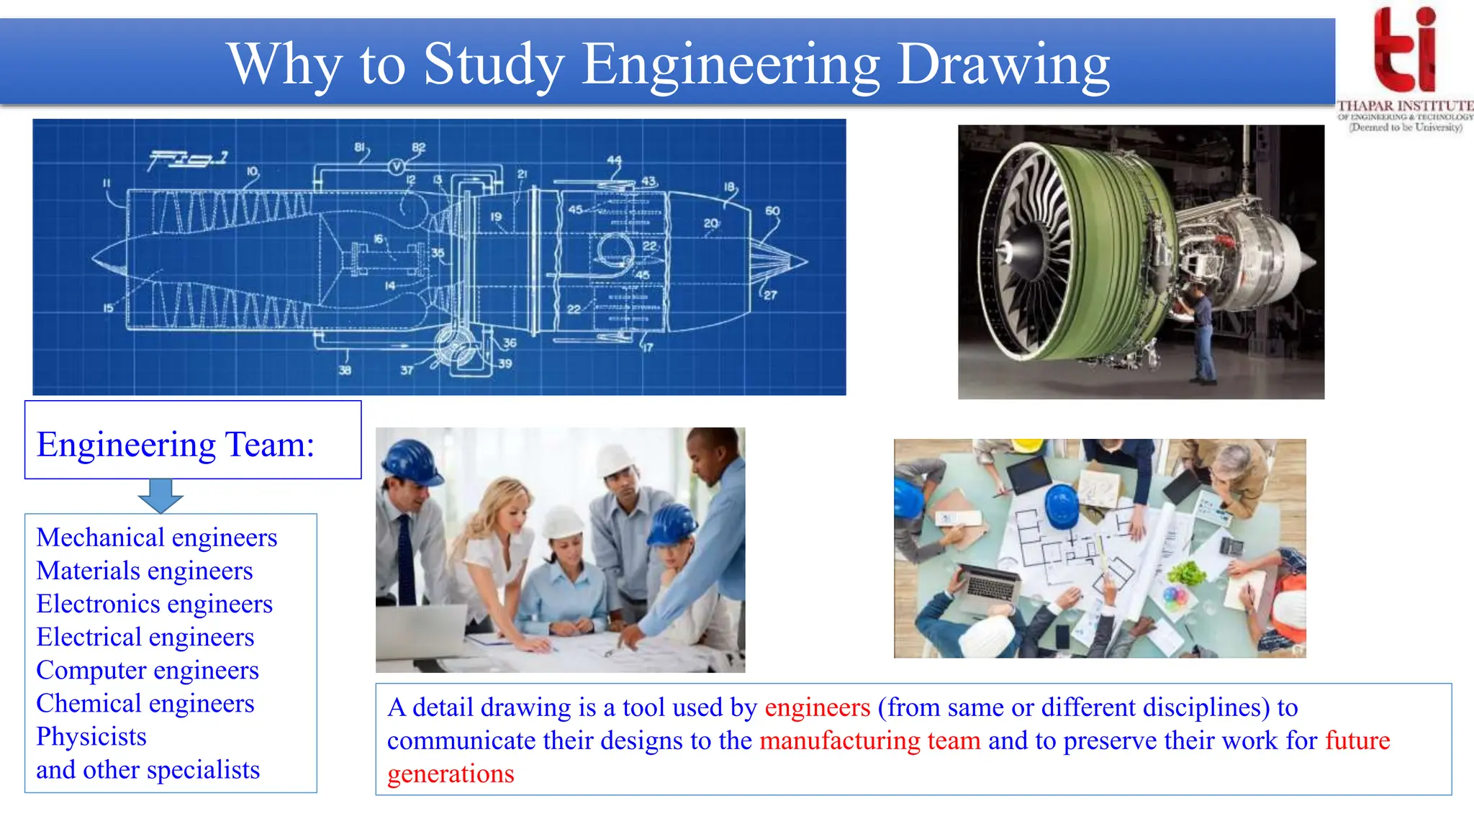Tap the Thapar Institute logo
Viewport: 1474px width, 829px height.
(x=1404, y=68)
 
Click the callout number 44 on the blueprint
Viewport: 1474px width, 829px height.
(x=614, y=160)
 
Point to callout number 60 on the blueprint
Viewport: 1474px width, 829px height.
(x=772, y=211)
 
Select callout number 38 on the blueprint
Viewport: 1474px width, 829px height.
(x=345, y=370)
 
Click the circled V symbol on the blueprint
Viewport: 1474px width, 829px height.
(x=396, y=167)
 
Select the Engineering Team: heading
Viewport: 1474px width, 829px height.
(x=176, y=444)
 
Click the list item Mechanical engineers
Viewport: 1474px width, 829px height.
(x=157, y=538)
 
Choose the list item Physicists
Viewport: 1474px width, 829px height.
(x=91, y=736)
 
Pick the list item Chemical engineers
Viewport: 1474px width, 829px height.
(x=145, y=703)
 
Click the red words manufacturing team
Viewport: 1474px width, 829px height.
(x=869, y=740)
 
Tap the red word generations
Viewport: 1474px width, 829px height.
(x=451, y=774)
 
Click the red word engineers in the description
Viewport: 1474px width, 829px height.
(x=817, y=707)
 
